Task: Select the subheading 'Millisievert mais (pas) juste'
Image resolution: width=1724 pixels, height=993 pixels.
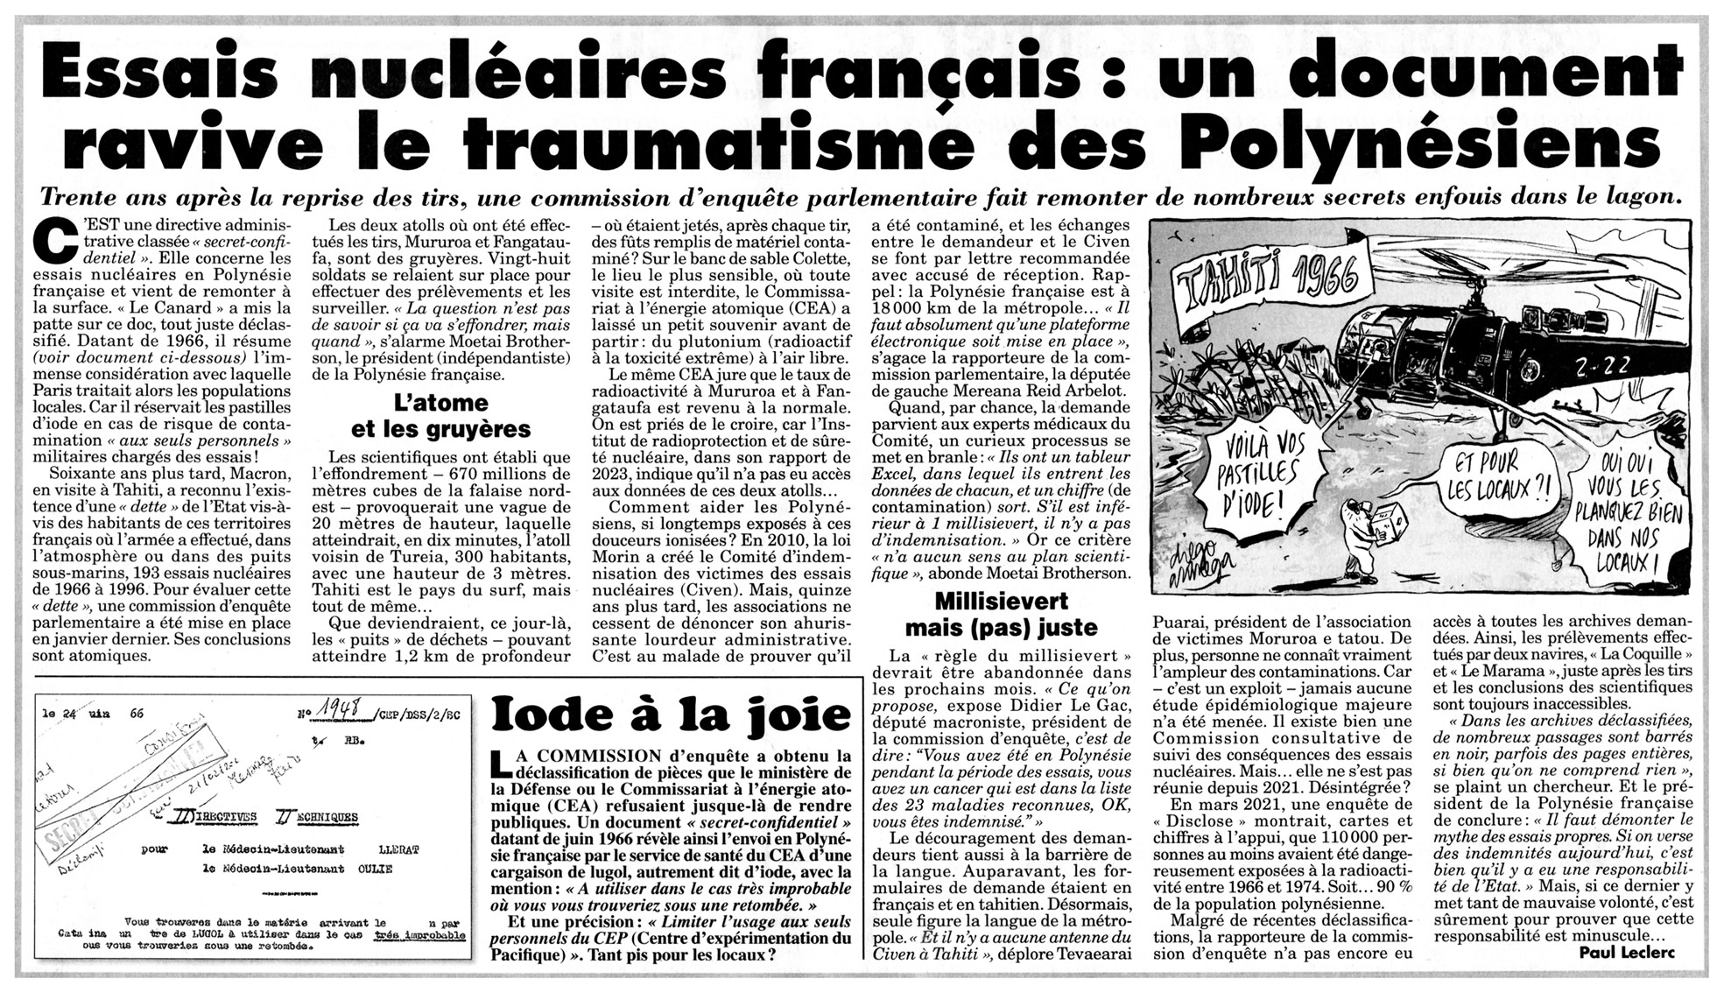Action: point(1000,615)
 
